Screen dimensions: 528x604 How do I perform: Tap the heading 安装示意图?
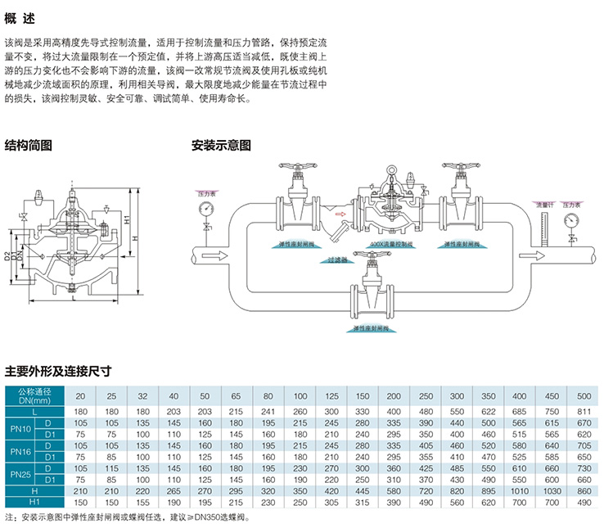[220, 146]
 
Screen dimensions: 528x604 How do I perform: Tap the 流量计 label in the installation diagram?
[544, 203]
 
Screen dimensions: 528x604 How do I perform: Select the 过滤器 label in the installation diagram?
[339, 259]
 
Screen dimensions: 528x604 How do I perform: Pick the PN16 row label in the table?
[20, 450]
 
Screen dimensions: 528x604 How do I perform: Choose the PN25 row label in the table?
[20, 473]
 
